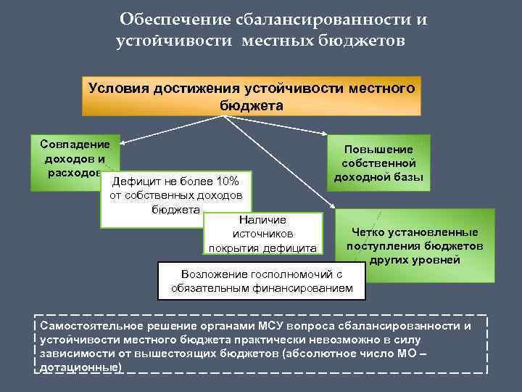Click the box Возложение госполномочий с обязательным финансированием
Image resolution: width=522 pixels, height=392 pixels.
tap(262, 281)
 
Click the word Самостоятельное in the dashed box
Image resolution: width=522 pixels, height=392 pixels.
tap(88, 325)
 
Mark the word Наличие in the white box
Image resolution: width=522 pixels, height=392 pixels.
tap(262, 219)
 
